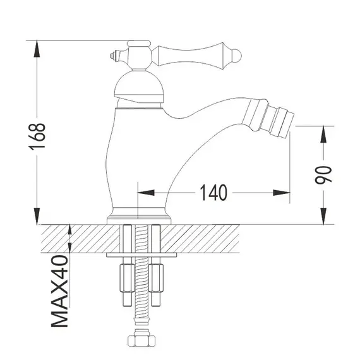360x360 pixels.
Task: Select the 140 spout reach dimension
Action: [213, 191]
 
